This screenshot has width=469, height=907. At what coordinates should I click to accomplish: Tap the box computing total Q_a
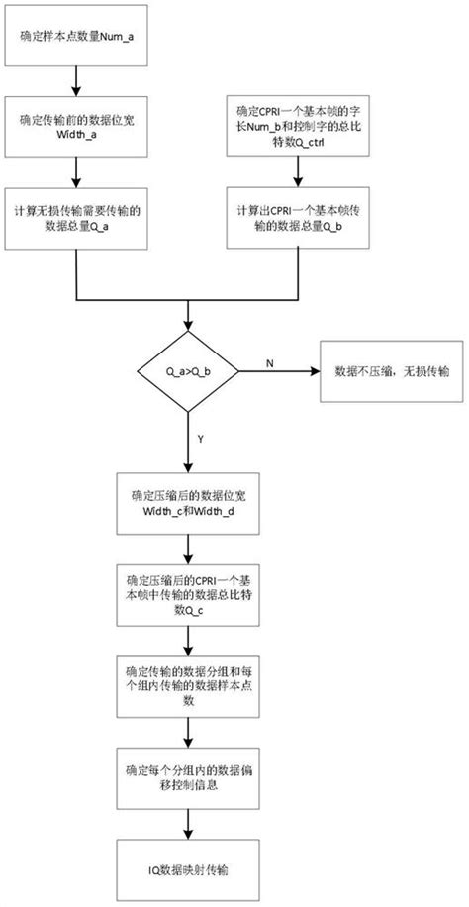[76, 221]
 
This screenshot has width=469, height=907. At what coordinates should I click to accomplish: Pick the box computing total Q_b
[296, 221]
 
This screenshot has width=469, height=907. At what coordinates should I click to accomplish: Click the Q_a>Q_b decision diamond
[187, 374]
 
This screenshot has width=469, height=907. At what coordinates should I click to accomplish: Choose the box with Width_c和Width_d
[187, 510]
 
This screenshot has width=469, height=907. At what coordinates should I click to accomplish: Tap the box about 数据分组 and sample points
[187, 684]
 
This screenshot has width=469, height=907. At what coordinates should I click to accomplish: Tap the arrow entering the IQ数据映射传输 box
[187, 821]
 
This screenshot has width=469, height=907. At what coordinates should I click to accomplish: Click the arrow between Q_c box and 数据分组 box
[187, 640]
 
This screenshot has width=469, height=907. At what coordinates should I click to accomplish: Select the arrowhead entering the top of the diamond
[187, 334]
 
